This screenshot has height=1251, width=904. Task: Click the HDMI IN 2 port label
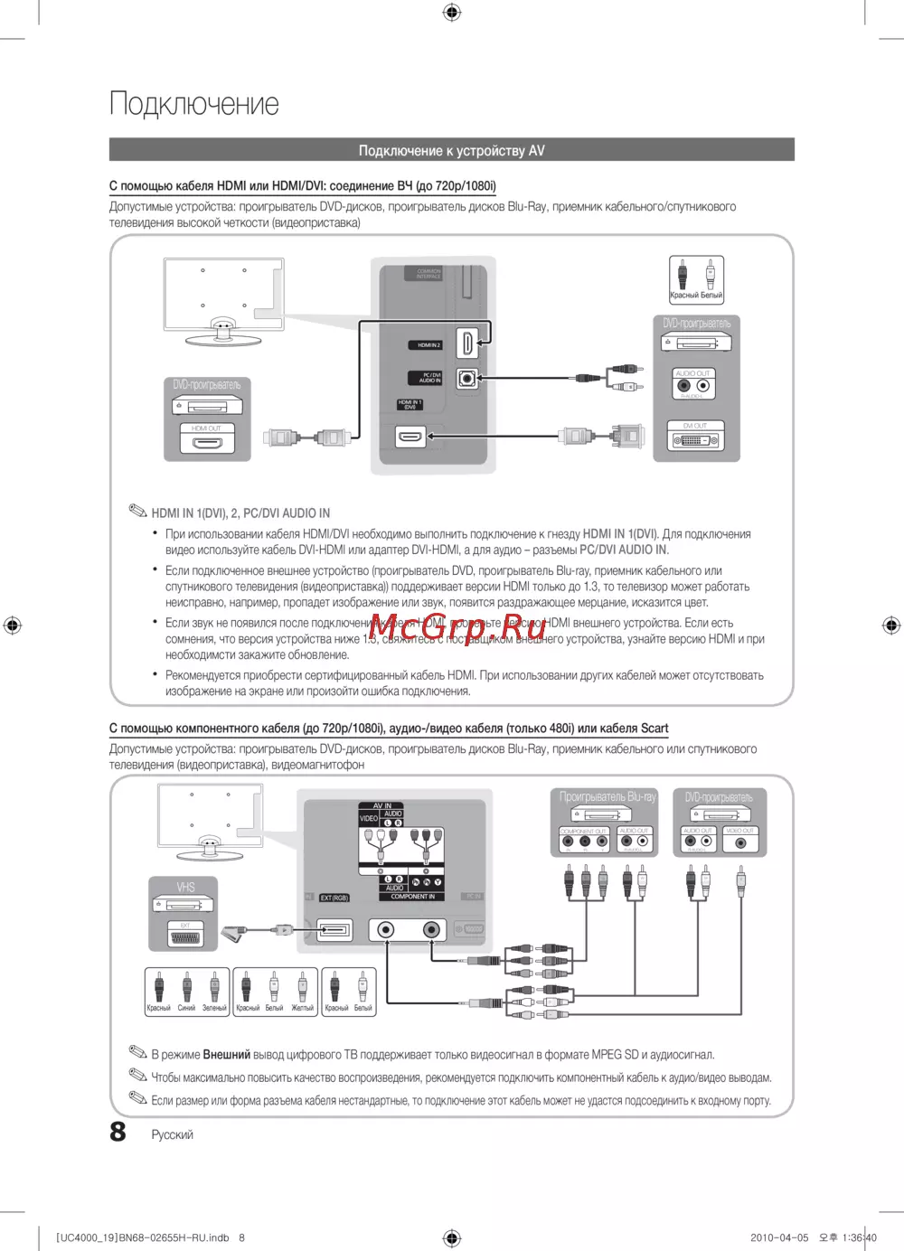click(428, 345)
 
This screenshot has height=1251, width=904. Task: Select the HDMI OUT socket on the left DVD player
click(207, 444)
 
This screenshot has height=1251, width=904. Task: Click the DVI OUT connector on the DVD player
click(695, 441)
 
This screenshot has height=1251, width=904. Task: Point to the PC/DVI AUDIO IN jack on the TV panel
click(466, 378)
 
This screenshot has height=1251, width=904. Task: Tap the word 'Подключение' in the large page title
click(194, 104)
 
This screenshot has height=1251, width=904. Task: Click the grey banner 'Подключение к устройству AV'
click(451, 150)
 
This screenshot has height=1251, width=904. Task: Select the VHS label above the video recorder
click(185, 887)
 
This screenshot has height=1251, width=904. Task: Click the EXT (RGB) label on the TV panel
click(334, 898)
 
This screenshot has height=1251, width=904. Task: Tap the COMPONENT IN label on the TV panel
click(412, 897)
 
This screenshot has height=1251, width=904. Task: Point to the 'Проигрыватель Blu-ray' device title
click(607, 797)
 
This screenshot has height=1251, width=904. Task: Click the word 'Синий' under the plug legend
click(186, 1008)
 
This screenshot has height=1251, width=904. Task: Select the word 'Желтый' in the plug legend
click(302, 1008)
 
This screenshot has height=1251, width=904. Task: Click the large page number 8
click(118, 1132)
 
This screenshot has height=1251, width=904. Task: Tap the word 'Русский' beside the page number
click(172, 1134)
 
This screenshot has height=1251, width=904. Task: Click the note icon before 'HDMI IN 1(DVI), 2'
click(137, 512)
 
